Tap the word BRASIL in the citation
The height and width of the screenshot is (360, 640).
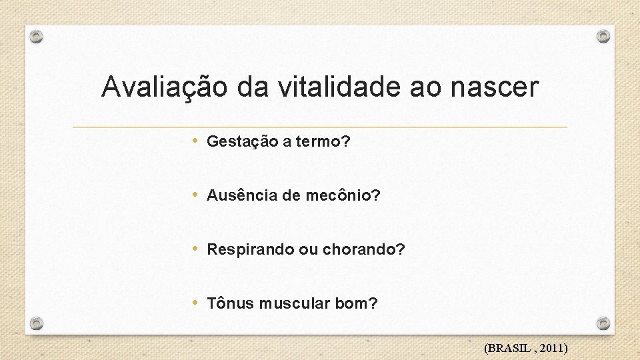pos(511,348)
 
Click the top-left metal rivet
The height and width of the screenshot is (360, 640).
pos(37,37)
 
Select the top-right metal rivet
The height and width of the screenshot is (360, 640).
pos(603,36)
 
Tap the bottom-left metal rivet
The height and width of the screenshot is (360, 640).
pos(37,324)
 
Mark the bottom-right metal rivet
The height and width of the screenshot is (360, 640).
pos(603,323)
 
